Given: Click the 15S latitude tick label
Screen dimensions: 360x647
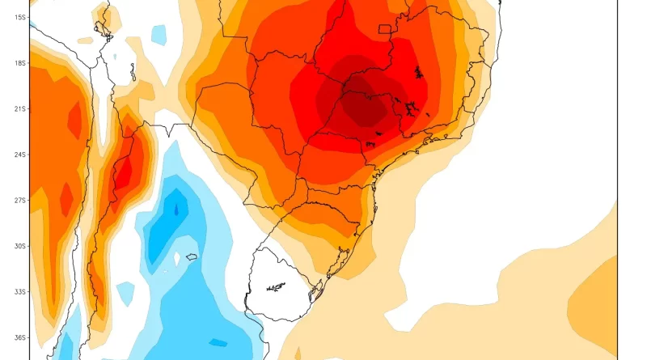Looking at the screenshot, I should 15,17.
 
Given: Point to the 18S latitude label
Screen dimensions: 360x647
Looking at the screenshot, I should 15,62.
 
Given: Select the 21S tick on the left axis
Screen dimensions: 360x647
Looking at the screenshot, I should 15,108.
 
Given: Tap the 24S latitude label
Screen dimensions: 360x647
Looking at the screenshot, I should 15,154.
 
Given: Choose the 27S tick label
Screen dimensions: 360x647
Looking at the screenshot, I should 15,200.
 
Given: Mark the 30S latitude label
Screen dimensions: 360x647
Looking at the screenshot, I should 15,246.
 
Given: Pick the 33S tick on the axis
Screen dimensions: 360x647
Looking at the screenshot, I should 15,291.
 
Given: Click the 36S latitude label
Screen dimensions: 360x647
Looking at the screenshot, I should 15,337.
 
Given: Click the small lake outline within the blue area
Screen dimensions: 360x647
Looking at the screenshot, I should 192,257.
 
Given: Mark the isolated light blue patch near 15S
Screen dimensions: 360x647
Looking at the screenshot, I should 159,35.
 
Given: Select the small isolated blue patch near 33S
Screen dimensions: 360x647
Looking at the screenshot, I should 125,290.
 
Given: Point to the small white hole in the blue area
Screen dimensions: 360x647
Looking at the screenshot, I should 176,259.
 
